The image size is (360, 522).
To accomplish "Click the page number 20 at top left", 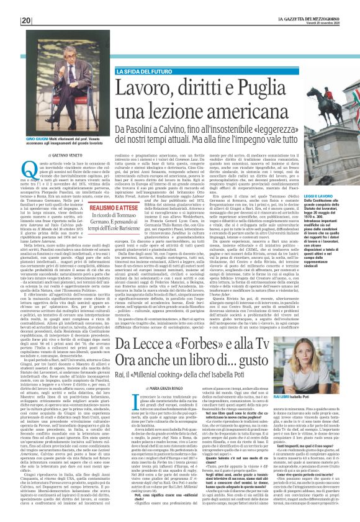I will (x=26, y=20).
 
